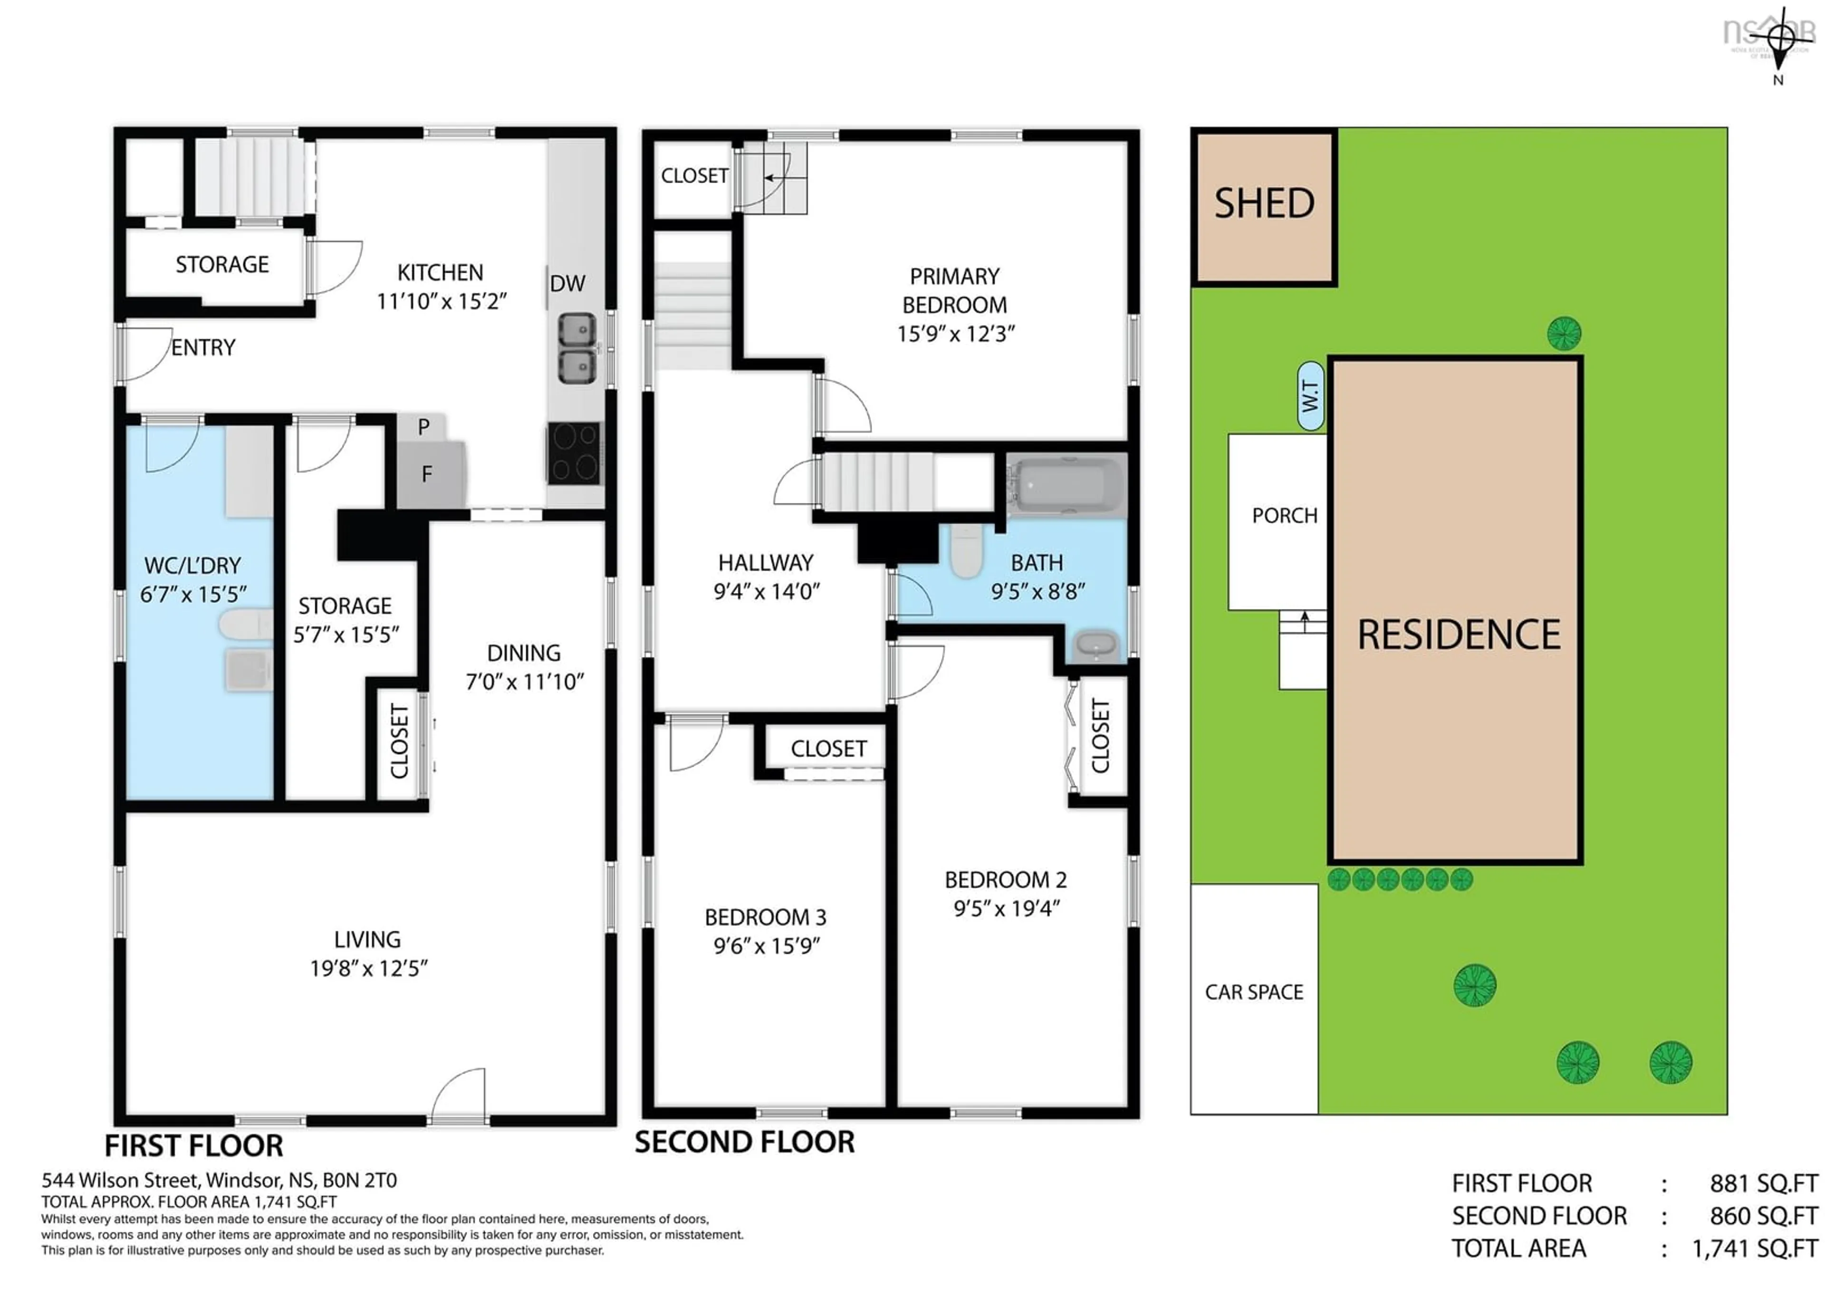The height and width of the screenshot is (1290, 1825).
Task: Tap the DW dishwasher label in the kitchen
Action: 567,284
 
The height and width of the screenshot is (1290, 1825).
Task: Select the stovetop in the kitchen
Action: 574,454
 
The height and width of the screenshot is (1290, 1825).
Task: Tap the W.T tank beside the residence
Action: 1310,396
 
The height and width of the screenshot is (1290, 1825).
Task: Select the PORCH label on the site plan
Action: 1285,516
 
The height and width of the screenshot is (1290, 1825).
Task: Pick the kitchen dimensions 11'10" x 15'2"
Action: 441,301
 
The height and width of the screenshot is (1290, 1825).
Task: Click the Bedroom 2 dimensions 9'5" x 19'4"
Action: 1006,908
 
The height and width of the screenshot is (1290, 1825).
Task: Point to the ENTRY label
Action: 203,347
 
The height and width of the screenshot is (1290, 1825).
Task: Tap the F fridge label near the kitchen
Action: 427,474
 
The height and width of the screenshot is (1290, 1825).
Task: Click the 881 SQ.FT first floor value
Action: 1764,1184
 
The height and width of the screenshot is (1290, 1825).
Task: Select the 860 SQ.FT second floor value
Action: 1764,1216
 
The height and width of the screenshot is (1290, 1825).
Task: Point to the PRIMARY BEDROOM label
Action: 955,291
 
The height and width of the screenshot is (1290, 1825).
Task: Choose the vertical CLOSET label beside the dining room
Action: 400,741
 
